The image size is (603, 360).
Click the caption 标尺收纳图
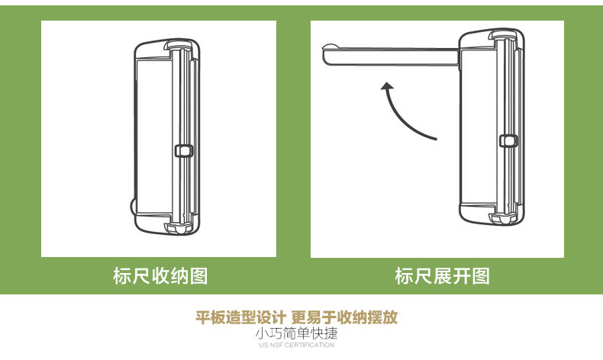[160, 275]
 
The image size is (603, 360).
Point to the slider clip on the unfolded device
[505, 140]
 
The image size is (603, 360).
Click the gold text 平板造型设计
[240, 317]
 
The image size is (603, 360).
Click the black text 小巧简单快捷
[297, 333]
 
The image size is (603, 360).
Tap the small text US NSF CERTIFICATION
[297, 346]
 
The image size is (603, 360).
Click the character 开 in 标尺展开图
[461, 275]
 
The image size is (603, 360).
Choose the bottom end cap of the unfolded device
[492, 215]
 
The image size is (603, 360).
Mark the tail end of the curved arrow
[436, 139]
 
